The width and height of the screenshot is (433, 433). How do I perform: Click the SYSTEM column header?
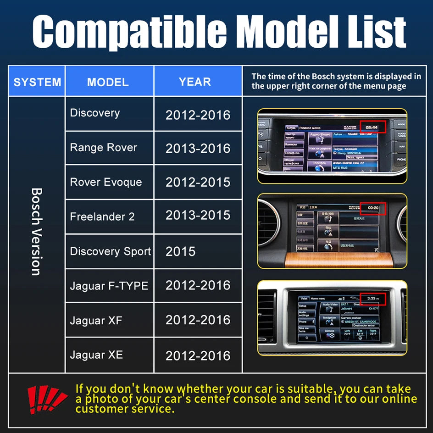[37, 82]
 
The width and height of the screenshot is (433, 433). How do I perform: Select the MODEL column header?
[108, 82]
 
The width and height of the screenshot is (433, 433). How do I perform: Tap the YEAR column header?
[195, 82]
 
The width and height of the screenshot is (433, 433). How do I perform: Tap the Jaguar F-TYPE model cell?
[109, 286]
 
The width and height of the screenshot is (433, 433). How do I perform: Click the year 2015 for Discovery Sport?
[181, 251]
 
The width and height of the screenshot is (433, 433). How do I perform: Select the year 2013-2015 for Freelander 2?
[198, 215]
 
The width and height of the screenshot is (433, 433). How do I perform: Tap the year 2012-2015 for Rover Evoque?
[198, 182]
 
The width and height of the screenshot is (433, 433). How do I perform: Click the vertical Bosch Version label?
[37, 231]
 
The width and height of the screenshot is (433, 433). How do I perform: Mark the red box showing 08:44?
[372, 127]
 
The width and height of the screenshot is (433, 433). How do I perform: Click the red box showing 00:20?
[372, 208]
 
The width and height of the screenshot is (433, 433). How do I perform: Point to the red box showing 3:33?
[372, 299]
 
